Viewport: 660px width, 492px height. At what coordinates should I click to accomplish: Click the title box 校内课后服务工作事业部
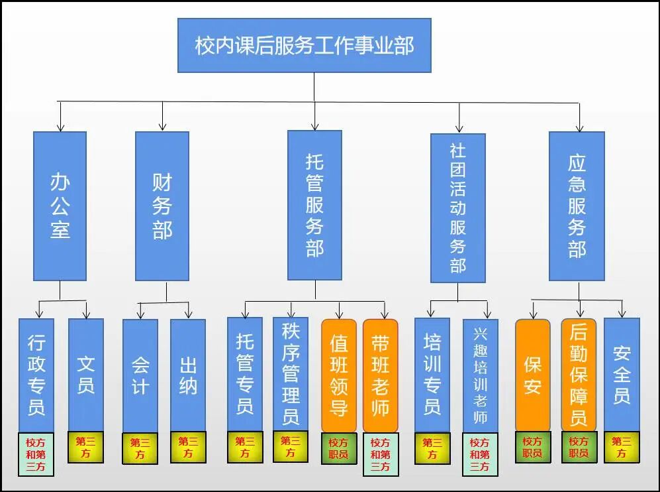[x=305, y=45]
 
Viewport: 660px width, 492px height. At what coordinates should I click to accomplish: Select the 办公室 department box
[x=60, y=206]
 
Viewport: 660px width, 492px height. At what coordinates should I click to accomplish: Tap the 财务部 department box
[x=162, y=206]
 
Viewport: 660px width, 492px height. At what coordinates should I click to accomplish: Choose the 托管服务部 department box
[x=314, y=205]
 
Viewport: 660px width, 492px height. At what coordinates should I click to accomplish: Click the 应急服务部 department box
[x=577, y=206]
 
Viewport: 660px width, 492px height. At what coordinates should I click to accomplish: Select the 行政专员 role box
[x=36, y=375]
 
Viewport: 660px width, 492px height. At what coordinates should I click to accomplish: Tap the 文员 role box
[x=86, y=375]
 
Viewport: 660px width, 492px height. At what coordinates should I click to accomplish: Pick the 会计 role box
[x=140, y=375]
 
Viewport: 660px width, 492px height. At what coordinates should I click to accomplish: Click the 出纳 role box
[x=188, y=375]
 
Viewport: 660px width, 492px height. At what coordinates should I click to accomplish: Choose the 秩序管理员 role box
[x=290, y=374]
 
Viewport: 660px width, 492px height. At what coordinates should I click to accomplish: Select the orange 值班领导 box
[x=339, y=375]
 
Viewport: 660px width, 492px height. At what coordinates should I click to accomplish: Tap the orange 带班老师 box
[x=381, y=375]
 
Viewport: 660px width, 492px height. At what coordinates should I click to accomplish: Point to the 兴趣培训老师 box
[x=480, y=375]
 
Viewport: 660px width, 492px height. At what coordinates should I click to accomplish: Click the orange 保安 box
[x=533, y=375]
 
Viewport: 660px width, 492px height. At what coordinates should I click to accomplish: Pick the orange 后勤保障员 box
[x=579, y=375]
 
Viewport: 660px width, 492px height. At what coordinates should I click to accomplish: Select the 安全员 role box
[x=622, y=375]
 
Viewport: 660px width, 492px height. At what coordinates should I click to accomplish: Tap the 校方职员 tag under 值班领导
[x=339, y=448]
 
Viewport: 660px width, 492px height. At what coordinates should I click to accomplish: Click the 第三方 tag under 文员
[x=86, y=447]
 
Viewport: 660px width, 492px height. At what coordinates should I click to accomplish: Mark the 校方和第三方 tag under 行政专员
[x=36, y=454]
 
